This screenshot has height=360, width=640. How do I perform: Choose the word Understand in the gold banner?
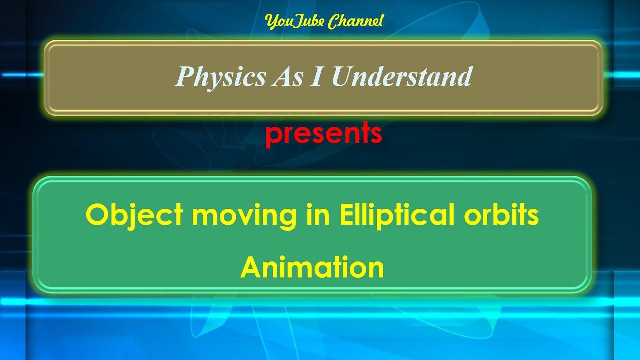point(401,77)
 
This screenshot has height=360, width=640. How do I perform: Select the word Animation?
point(312,268)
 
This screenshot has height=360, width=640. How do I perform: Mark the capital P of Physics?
point(184,77)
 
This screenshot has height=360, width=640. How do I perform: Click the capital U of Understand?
point(341,77)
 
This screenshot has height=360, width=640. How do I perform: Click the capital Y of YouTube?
point(270,21)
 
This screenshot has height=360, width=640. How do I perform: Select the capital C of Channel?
point(333,21)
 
